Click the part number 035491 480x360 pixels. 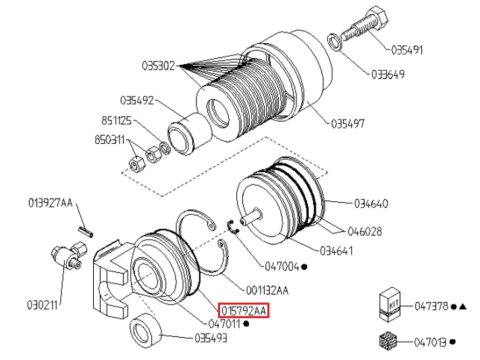[x=407, y=50]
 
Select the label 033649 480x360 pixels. [x=388, y=74]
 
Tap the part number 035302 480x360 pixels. [x=158, y=66]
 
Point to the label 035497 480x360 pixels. [x=348, y=124]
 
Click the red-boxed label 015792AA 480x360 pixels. [x=244, y=311]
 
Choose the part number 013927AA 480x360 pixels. [x=51, y=203]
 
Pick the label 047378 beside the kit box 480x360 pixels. [x=431, y=306]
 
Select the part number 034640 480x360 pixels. [x=371, y=203]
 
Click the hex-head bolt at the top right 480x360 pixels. [x=365, y=24]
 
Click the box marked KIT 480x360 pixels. [x=390, y=304]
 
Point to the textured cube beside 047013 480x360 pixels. [x=388, y=340]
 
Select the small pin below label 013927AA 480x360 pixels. [x=86, y=231]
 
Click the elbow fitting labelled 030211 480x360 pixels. [x=69, y=255]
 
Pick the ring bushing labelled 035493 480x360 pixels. [x=145, y=330]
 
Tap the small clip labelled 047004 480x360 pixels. [x=234, y=226]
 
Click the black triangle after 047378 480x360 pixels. [x=463, y=306]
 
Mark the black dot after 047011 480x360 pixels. [x=246, y=324]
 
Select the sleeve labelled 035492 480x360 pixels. [x=190, y=132]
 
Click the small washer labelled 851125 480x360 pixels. [x=165, y=148]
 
